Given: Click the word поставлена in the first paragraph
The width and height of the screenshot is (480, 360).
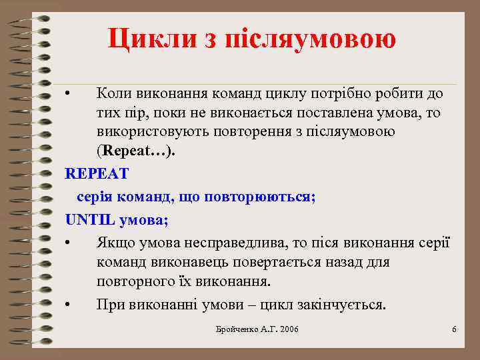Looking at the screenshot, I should click(x=363, y=113).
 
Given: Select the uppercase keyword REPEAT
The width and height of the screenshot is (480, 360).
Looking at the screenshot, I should click(x=97, y=173).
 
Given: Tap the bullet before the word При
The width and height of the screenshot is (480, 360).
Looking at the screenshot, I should click(x=68, y=305).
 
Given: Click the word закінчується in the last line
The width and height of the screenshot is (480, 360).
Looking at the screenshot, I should click(x=341, y=305).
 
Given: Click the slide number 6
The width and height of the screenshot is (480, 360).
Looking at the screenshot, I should click(x=454, y=330).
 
